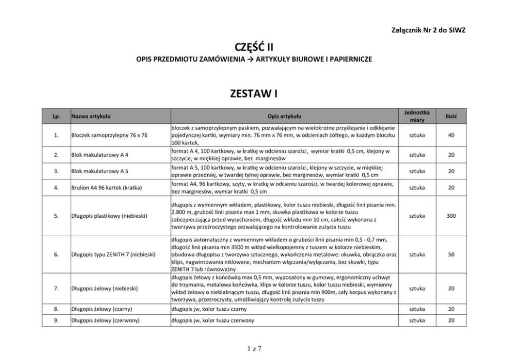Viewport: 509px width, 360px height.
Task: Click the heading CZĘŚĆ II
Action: pos(254,48)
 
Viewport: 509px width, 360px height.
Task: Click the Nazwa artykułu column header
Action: pos(91,117)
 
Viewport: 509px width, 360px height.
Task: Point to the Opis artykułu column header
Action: pos(284,117)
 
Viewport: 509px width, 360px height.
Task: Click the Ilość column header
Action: pos(451,117)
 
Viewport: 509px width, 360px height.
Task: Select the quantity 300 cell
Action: pos(451,216)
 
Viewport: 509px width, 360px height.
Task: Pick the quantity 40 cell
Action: pos(451,135)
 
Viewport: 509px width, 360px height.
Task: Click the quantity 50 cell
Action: pos(451,254)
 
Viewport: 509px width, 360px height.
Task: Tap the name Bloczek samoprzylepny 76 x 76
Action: pos(109,136)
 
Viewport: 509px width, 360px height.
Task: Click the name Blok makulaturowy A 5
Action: pos(100,171)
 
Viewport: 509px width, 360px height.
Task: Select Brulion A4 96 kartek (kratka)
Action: pos(106,188)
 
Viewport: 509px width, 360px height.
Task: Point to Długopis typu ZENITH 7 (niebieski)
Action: pos(113,254)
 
